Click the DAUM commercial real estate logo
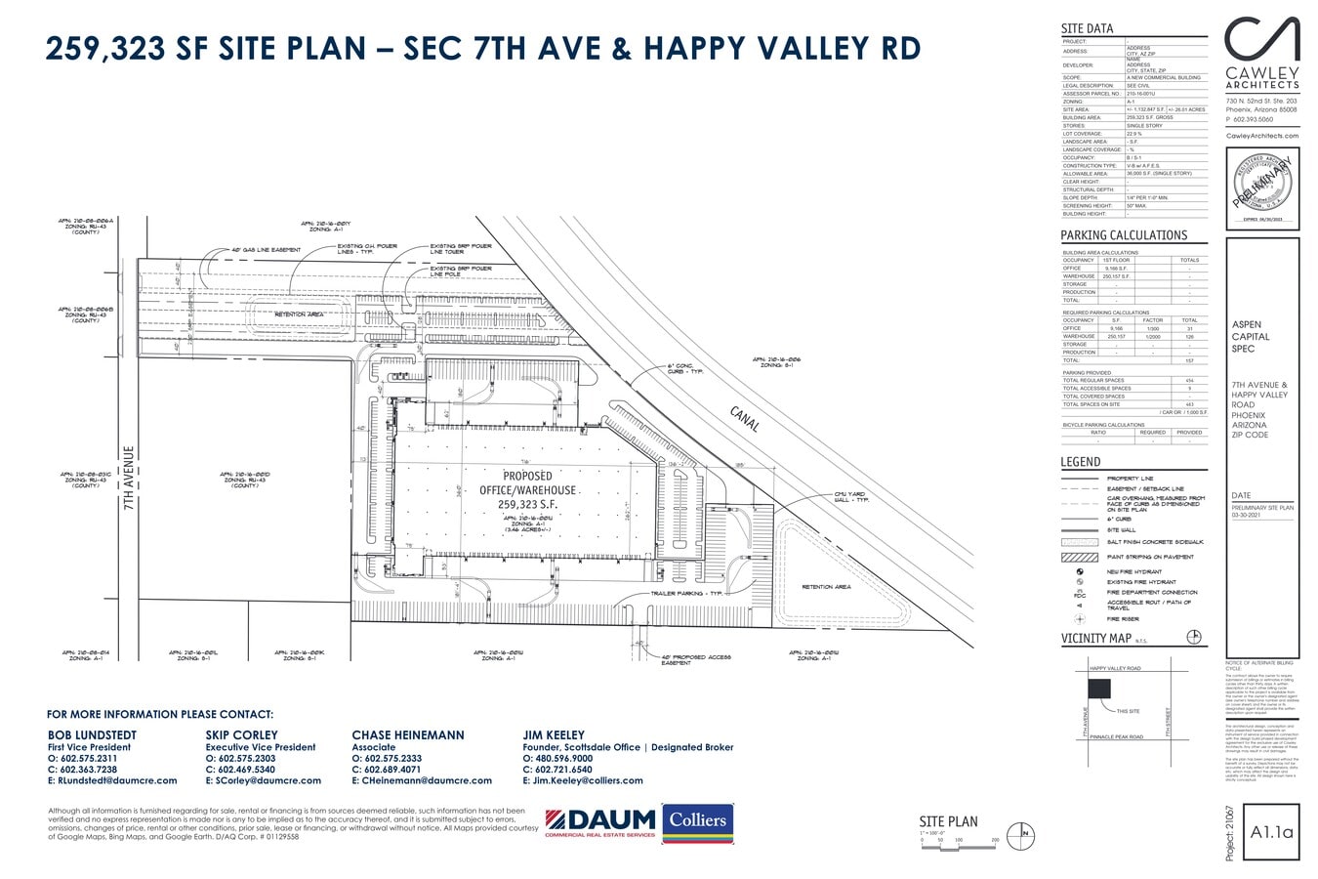point(599,821)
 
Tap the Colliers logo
point(697,821)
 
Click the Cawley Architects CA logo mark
point(1261,40)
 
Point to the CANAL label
point(744,419)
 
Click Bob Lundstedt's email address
point(112,780)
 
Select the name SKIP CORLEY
point(241,734)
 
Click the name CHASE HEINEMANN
point(408,734)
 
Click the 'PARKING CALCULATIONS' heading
point(1124,235)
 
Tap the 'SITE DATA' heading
point(1087,28)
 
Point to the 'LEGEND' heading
point(1080,462)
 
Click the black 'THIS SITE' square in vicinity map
point(1100,688)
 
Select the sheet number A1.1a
point(1271,832)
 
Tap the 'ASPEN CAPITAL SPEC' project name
point(1251,336)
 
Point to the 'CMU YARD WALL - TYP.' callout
point(851,496)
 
